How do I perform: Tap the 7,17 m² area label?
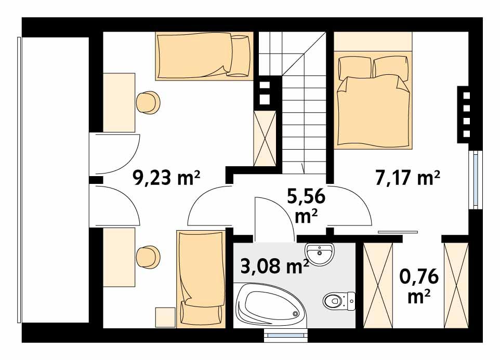coord(408,178)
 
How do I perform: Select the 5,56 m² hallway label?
coord(306,206)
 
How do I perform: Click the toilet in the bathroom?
coord(336,300)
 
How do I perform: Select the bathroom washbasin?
coord(320,253)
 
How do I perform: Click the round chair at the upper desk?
coord(148,102)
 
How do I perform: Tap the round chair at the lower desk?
coord(148,256)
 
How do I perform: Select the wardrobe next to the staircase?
coord(265,138)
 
